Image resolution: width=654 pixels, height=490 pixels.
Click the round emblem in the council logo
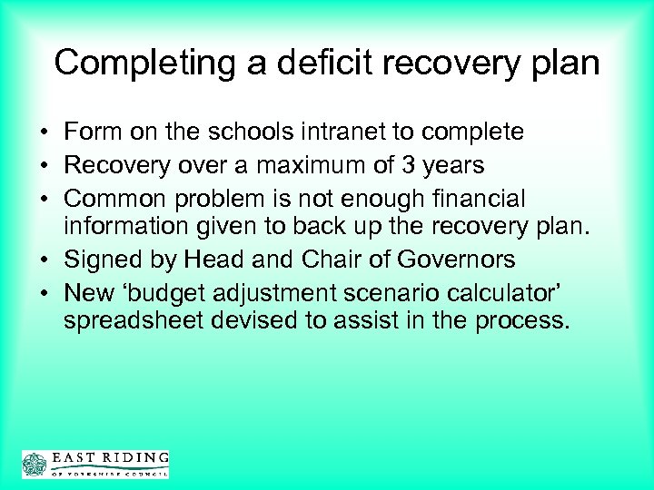[x=34, y=463]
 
